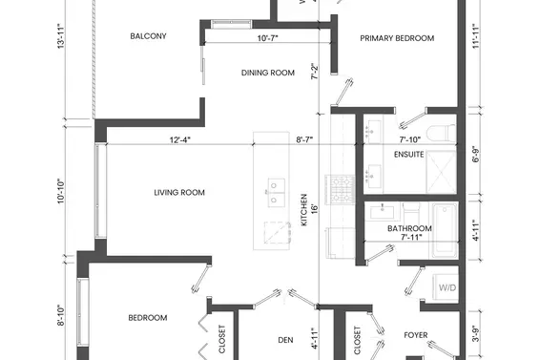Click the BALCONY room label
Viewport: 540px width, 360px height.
148,36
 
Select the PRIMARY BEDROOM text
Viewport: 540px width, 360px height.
396,38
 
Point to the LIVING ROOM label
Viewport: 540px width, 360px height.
179,193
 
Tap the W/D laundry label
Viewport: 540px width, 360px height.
446,286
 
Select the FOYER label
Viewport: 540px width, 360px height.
415,335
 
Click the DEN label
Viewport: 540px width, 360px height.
283,339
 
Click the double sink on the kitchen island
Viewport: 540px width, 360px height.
274,191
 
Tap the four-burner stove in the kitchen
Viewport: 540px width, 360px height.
339,187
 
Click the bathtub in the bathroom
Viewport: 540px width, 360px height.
445,229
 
